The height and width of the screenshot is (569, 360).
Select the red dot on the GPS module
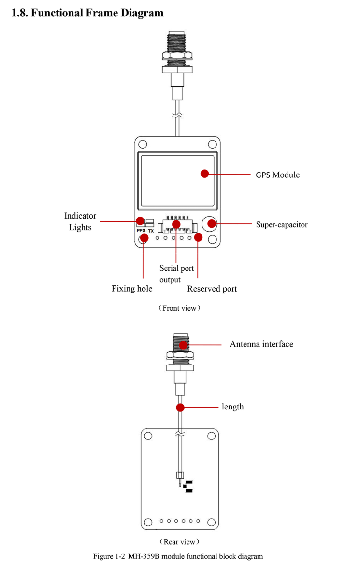click(x=205, y=174)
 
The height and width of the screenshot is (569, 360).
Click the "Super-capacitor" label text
click(x=282, y=224)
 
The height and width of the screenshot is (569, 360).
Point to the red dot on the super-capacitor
click(x=212, y=224)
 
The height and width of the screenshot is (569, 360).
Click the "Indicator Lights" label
click(x=80, y=221)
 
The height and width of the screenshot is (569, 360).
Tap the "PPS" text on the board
click(x=141, y=231)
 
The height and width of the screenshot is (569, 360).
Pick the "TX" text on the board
click(x=151, y=231)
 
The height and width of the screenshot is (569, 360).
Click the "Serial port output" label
click(x=176, y=274)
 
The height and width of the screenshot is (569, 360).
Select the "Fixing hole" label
click(x=132, y=289)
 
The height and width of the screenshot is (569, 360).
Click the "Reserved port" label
click(x=212, y=289)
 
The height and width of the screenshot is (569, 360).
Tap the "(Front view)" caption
click(x=179, y=308)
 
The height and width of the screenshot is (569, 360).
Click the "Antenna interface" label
click(x=261, y=344)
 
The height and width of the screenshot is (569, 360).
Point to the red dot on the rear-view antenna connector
click(x=183, y=345)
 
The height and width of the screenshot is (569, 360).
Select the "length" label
click(x=232, y=407)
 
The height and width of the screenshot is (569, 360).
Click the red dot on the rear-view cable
click(x=180, y=407)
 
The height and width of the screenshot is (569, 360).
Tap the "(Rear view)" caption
click(x=179, y=541)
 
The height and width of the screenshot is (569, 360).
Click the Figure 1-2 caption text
click(x=178, y=556)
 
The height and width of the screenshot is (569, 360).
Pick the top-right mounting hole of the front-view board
click(x=212, y=144)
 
